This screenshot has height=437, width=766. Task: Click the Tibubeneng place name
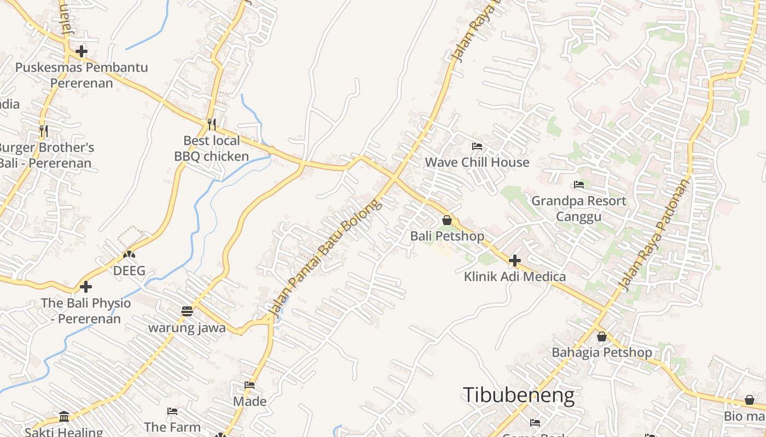(x=519, y=395)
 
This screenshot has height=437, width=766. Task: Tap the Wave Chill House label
(x=477, y=162)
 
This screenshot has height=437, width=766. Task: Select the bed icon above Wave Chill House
(x=477, y=146)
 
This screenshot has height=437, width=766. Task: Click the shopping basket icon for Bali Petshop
(x=447, y=220)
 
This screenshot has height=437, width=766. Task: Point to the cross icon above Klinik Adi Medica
(x=514, y=261)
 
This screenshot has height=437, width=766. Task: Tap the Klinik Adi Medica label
(x=515, y=276)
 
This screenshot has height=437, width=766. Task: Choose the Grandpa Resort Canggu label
(x=579, y=209)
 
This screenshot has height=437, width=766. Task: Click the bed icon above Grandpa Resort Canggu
(x=579, y=185)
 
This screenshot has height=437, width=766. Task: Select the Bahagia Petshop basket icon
(x=602, y=336)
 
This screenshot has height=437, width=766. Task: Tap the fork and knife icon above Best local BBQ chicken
(x=212, y=125)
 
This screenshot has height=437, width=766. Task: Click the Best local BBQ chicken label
(x=212, y=149)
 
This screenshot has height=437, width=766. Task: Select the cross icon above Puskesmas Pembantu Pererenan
(x=82, y=51)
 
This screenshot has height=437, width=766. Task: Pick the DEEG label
(x=129, y=271)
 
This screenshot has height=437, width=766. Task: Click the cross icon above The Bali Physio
(x=86, y=287)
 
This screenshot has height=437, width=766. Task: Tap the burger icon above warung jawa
(x=187, y=311)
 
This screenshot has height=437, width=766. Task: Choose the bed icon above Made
(x=249, y=385)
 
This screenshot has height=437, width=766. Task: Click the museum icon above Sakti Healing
(x=64, y=417)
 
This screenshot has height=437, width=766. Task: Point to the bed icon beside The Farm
(x=172, y=411)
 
